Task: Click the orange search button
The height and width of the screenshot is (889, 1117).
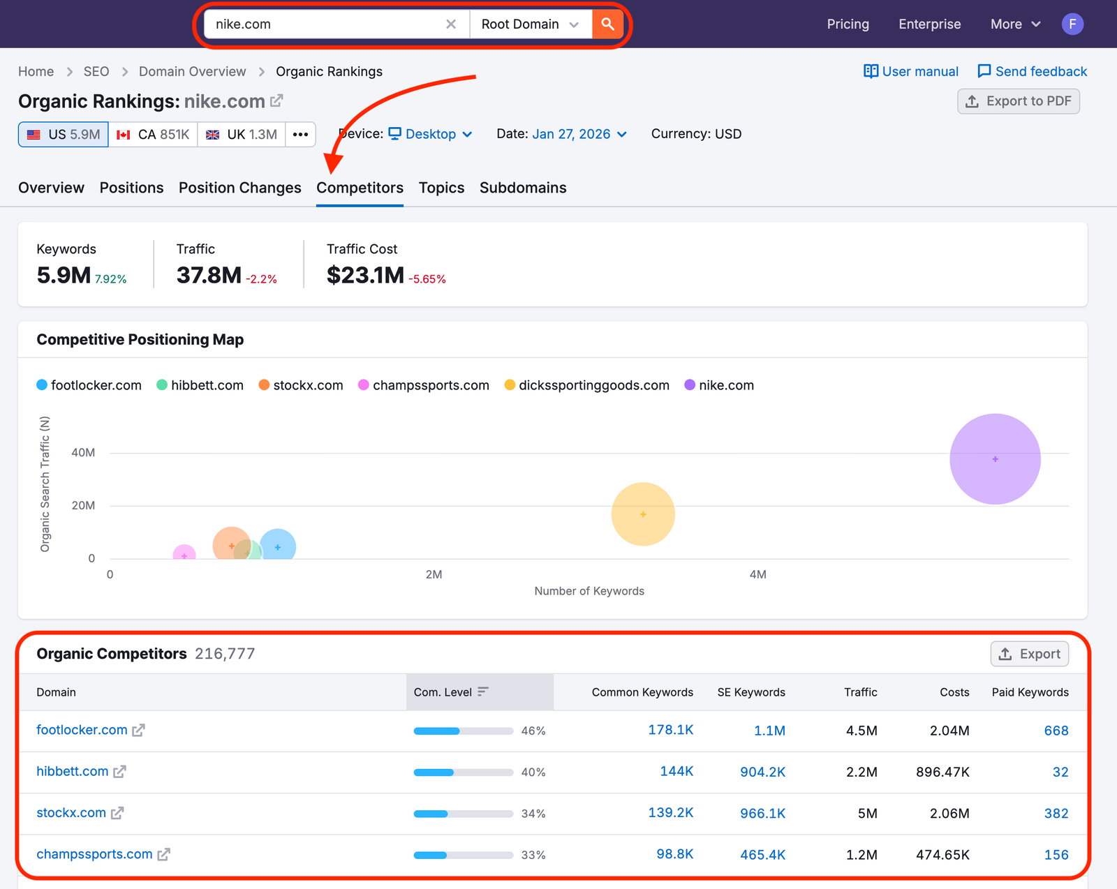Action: (x=607, y=24)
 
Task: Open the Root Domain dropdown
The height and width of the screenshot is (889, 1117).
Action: (x=530, y=24)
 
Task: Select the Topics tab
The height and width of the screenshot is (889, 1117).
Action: (x=441, y=188)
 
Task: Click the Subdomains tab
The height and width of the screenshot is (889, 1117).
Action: (x=522, y=188)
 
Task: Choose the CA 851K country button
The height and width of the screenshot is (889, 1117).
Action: (x=153, y=135)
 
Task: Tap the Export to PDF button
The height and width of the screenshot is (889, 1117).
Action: (x=1018, y=101)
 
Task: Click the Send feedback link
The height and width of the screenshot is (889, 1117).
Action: (x=1033, y=71)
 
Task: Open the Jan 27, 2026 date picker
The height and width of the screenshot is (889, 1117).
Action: (x=579, y=134)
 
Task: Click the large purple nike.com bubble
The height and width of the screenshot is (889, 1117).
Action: (x=995, y=459)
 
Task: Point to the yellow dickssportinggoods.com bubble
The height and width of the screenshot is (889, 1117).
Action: (x=642, y=514)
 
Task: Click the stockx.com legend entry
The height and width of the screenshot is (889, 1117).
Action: (x=301, y=385)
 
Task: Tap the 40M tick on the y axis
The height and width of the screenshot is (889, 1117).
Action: (x=83, y=453)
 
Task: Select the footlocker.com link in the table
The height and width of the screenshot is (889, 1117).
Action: (x=82, y=730)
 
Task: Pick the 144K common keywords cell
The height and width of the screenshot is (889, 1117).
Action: (x=676, y=771)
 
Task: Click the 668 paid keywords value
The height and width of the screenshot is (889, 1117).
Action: (x=1056, y=731)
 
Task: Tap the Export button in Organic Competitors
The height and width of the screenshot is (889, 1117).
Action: (x=1029, y=654)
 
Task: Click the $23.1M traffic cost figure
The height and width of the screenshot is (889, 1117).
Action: (x=365, y=275)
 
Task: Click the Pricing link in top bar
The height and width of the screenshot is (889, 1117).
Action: (x=848, y=24)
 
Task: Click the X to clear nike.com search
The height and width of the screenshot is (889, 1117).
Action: (x=451, y=24)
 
